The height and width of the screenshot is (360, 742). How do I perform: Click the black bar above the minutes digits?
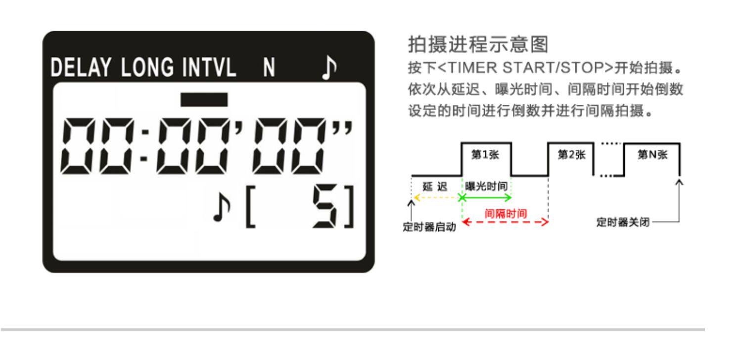coord(204,99)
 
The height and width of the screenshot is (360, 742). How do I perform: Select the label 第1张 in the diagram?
coord(486,155)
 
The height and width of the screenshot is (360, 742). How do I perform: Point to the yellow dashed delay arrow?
coord(437,198)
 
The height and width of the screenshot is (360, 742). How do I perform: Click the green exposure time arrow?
coord(487,198)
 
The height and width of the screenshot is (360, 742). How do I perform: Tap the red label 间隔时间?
coord(506,214)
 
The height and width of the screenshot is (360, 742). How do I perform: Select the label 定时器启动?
coord(429,228)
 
